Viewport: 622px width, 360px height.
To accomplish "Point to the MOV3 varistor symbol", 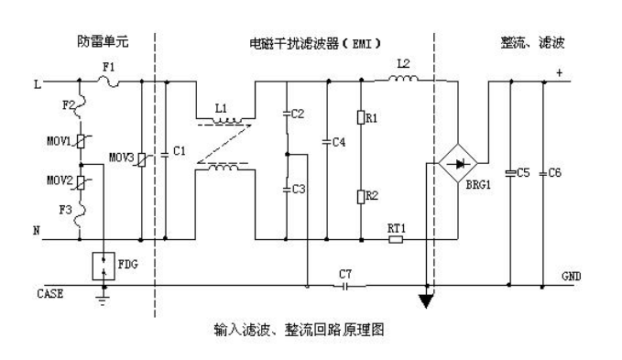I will coord(139,159).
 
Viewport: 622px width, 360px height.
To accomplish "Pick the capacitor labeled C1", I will coord(168,149).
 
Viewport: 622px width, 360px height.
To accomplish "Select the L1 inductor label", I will coord(220,108).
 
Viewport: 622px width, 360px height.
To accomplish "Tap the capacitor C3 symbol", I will coord(286,189).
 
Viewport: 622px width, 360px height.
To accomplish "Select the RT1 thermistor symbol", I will coord(395,240).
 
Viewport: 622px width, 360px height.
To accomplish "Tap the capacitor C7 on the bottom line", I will coord(344,285).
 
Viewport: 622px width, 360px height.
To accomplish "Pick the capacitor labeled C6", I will coord(544,172).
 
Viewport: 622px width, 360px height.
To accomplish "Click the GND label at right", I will coord(569,276).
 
